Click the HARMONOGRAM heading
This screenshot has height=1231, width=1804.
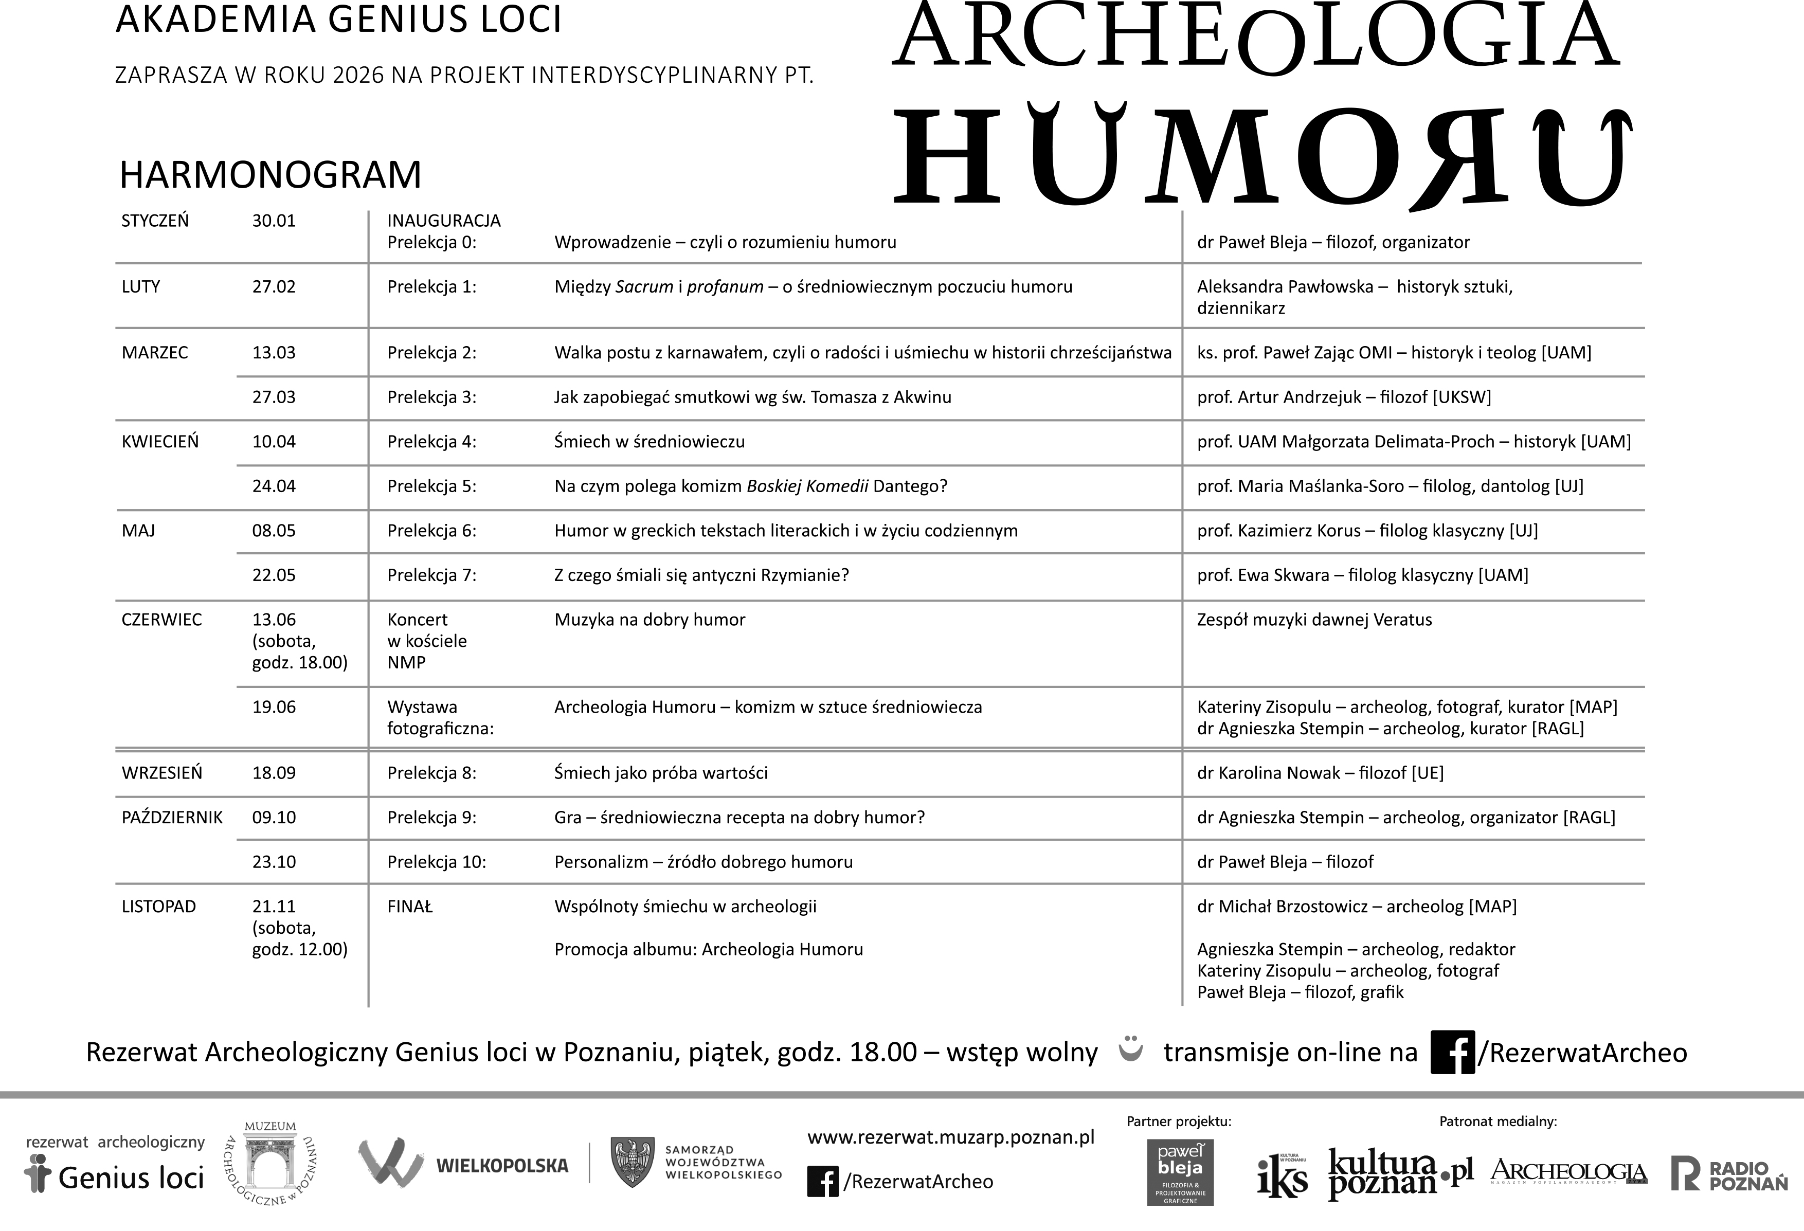tap(270, 175)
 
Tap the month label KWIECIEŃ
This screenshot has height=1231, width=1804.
tap(160, 442)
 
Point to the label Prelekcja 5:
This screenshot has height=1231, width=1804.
tap(431, 486)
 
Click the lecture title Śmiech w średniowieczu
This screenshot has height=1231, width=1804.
tap(649, 442)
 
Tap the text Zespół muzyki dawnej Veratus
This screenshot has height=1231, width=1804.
tap(1314, 620)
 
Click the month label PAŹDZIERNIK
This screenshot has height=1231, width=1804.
tap(172, 817)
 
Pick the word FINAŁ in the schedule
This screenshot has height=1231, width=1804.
tap(410, 907)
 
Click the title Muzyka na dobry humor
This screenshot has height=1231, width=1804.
tap(649, 620)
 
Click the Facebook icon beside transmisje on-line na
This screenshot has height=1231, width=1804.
tap(1452, 1053)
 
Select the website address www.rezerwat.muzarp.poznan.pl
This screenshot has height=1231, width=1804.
tap(950, 1138)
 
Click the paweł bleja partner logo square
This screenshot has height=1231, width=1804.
tap(1180, 1172)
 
